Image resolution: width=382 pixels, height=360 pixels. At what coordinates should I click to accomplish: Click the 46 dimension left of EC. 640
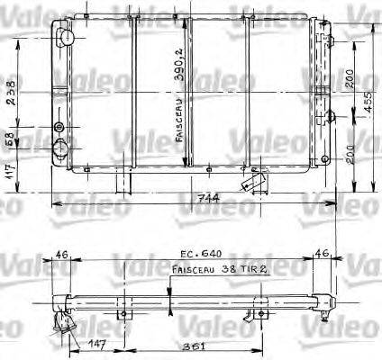[x=61, y=255]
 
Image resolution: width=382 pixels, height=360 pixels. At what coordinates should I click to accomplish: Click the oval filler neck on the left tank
[x=65, y=37]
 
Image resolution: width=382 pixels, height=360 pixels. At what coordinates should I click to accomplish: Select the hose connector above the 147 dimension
[x=64, y=320]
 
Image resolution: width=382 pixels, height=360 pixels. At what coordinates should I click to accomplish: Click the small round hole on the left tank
[x=59, y=125]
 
